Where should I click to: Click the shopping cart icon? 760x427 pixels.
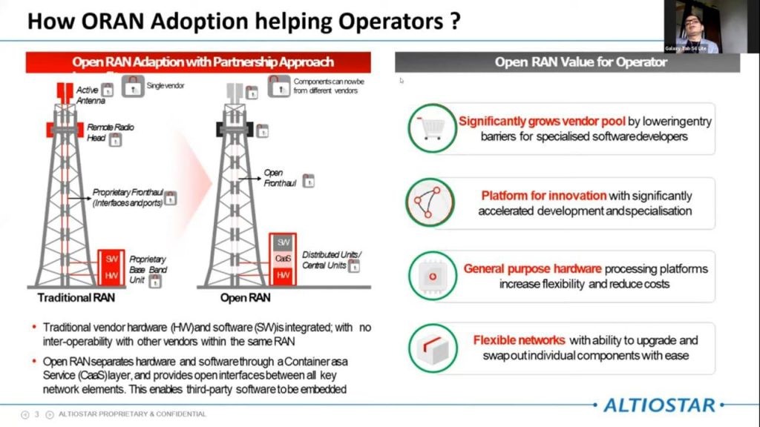(430, 128)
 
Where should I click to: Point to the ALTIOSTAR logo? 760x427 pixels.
(660, 405)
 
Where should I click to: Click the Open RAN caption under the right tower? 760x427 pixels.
(245, 298)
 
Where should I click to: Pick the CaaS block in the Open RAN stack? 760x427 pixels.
(284, 259)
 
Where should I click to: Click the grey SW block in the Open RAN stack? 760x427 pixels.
(284, 242)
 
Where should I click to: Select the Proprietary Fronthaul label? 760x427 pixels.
(128, 197)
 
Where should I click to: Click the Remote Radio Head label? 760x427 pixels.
(110, 132)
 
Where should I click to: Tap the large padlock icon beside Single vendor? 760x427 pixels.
(132, 86)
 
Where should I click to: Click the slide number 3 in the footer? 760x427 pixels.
(36, 414)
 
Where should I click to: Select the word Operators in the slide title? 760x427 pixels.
(387, 20)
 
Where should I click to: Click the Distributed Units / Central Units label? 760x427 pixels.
(331, 259)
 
